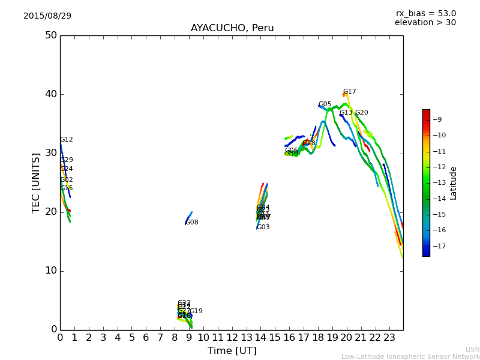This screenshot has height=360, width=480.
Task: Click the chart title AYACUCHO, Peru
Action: pos(232,28)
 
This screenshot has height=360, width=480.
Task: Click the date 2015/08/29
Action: pos(47,16)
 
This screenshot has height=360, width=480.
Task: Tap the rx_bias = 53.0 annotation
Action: pos(425,13)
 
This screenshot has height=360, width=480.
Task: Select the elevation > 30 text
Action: pos(425,23)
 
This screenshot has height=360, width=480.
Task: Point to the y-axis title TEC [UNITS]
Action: pos(36,182)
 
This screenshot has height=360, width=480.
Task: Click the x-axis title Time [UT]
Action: pos(232,350)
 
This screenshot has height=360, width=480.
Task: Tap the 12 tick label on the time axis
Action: pos(232,338)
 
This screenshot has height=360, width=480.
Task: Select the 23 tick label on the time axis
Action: pos(389,338)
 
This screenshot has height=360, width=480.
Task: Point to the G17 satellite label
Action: pos(349,92)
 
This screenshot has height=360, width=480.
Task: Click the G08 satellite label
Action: pos(192,223)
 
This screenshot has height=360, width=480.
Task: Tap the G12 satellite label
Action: pos(66,140)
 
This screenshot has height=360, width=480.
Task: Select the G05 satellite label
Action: pos(325,104)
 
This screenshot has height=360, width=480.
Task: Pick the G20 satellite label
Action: pos(361,113)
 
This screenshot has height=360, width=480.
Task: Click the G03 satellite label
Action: pos(263,227)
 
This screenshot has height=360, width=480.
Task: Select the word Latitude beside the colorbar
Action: pos(454,183)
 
